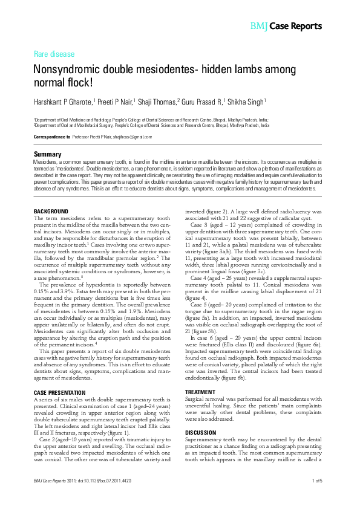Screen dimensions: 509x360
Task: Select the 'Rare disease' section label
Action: (54, 54)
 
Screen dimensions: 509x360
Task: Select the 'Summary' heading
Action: (47, 155)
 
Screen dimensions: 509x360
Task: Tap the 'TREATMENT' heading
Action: (199, 375)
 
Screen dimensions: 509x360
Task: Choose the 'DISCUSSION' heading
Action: (200, 416)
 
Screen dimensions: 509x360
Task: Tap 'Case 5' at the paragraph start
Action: (200, 303)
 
